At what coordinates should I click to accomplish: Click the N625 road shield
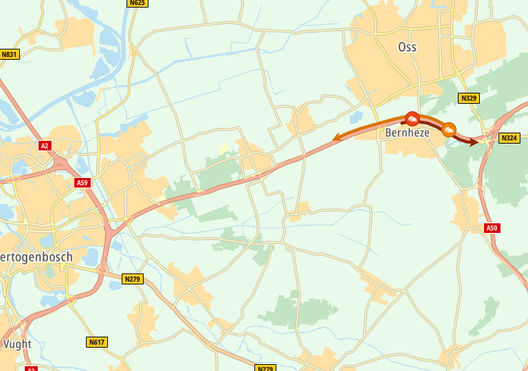pos(137,3)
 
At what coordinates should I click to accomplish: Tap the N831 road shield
pos(9,54)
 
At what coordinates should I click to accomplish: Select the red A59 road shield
pos(82,183)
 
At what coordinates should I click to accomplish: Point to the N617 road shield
pos(97,342)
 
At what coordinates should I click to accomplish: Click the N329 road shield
pos(469,98)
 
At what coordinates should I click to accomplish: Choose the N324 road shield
pos(509,138)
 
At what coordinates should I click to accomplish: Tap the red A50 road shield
pos(492,228)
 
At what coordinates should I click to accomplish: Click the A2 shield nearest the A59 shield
pos(45,146)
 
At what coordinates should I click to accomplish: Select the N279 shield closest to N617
pos(132,279)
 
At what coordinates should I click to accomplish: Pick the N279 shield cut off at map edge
pos(265,368)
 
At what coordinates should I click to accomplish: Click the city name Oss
pos(407,47)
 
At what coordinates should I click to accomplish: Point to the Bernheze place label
pos(407,133)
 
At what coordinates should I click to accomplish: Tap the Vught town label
pos(17,344)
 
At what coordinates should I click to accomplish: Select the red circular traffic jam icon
pos(412,119)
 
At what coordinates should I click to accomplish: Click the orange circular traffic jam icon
pos(449,129)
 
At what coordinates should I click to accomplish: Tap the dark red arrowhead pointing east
pos(474,142)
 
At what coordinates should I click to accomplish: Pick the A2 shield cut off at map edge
pos(31,369)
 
